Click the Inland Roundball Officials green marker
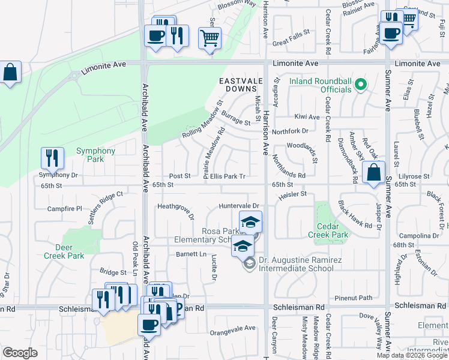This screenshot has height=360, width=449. pyautogui.click(x=361, y=85)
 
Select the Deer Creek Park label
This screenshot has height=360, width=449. pyautogui.click(x=64, y=251)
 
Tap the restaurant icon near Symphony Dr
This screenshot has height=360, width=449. pyautogui.click(x=52, y=158)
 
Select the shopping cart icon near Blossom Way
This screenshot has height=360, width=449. pyautogui.click(x=209, y=38)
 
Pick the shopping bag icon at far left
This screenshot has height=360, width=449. pyautogui.click(x=11, y=72)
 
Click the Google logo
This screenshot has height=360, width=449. pyautogui.click(x=20, y=353)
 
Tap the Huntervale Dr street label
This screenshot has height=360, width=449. pyautogui.click(x=238, y=206)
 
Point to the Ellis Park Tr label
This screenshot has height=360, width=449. pyautogui.click(x=228, y=176)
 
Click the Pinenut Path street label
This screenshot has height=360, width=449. pyautogui.click(x=354, y=298)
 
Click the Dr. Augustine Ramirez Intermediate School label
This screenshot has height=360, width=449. pyautogui.click(x=295, y=265)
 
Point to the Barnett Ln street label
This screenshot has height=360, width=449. pyautogui.click(x=191, y=254)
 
